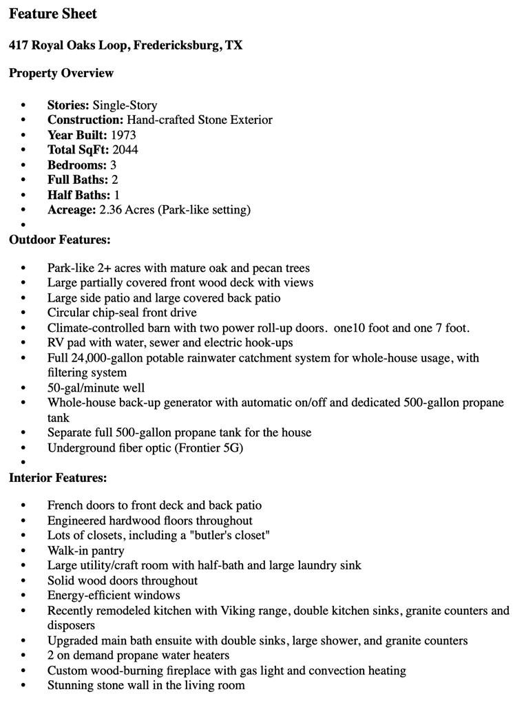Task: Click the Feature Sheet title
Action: coord(53,14)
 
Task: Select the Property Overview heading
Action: coord(61,73)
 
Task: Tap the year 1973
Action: coord(123,135)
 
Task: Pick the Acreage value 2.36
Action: coord(110,209)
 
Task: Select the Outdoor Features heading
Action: coord(60,240)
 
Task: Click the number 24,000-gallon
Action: coord(108,358)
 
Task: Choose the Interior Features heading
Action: coord(58,478)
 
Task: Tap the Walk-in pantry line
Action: coord(86,550)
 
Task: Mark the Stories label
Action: coord(68,105)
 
